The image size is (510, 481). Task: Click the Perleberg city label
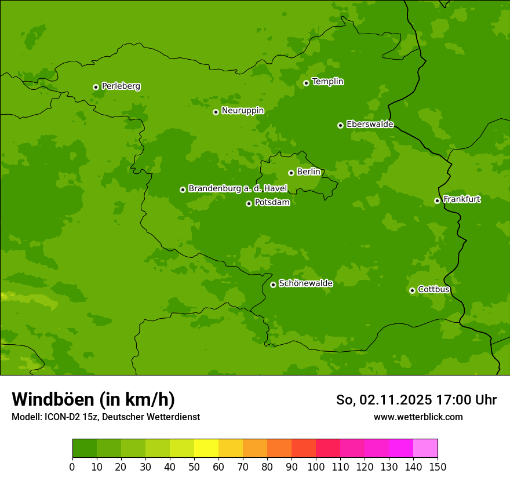click(x=121, y=86)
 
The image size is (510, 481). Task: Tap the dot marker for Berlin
click(x=291, y=173)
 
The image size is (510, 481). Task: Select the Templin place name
click(x=327, y=82)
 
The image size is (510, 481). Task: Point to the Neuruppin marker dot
click(x=216, y=112)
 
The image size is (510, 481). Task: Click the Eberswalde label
click(x=370, y=125)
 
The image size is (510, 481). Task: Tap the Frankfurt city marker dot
click(x=437, y=201)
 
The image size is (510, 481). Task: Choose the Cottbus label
click(x=434, y=290)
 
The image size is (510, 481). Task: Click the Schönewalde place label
click(x=305, y=283)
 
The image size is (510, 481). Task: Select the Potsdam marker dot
click(x=249, y=203)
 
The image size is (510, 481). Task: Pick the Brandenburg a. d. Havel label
click(x=238, y=189)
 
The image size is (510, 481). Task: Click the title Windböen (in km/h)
click(x=93, y=399)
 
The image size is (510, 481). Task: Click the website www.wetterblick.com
click(x=418, y=417)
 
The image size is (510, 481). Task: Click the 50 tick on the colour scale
click(x=194, y=467)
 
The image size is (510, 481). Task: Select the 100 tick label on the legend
click(x=316, y=467)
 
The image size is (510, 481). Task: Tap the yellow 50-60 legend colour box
click(x=206, y=449)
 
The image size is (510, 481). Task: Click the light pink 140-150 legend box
click(x=425, y=449)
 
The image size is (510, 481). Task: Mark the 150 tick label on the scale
click(x=438, y=467)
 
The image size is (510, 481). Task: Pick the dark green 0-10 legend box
click(x=85, y=449)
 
